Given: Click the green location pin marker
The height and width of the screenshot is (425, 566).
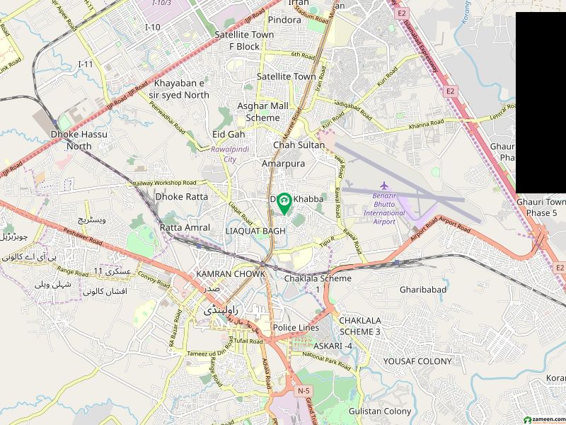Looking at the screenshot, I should (284, 203).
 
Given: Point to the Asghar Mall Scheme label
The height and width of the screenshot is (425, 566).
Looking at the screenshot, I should (262, 112).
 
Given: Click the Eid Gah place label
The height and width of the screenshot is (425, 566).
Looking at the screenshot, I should (229, 134).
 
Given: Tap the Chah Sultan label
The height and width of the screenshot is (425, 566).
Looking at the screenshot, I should (299, 145).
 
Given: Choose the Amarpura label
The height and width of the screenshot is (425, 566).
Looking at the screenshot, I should (283, 163).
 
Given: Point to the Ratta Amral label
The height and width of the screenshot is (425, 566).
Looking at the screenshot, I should (185, 227).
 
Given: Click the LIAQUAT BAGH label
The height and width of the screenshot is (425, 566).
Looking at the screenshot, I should (255, 231).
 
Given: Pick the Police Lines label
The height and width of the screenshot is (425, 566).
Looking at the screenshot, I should (296, 328).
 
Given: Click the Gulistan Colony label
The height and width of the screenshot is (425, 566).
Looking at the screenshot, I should (380, 411).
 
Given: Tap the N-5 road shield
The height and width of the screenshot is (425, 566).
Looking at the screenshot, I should (304, 391).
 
